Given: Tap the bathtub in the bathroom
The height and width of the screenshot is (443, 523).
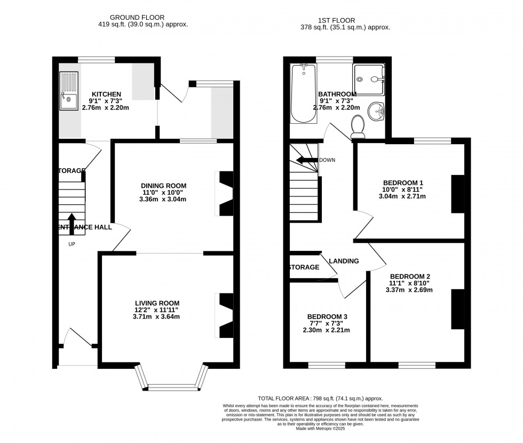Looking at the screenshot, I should pyautogui.click(x=304, y=94).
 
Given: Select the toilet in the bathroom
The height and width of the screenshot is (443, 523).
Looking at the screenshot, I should pyautogui.click(x=358, y=126).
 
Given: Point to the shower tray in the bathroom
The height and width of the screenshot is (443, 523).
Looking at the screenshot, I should pyautogui.click(x=368, y=81).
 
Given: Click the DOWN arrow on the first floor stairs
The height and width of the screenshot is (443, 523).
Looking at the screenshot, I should pyautogui.click(x=307, y=160).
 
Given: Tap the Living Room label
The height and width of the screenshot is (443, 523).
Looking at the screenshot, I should pyautogui.click(x=157, y=303).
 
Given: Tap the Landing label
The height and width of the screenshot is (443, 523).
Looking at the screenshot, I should pyautogui.click(x=344, y=261).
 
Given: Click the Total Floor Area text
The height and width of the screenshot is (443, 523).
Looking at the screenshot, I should pyautogui.click(x=320, y=399).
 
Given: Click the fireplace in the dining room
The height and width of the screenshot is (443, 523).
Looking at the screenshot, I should pyautogui.click(x=225, y=193).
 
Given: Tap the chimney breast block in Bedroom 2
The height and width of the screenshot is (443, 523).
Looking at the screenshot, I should pyautogui.click(x=457, y=309).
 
